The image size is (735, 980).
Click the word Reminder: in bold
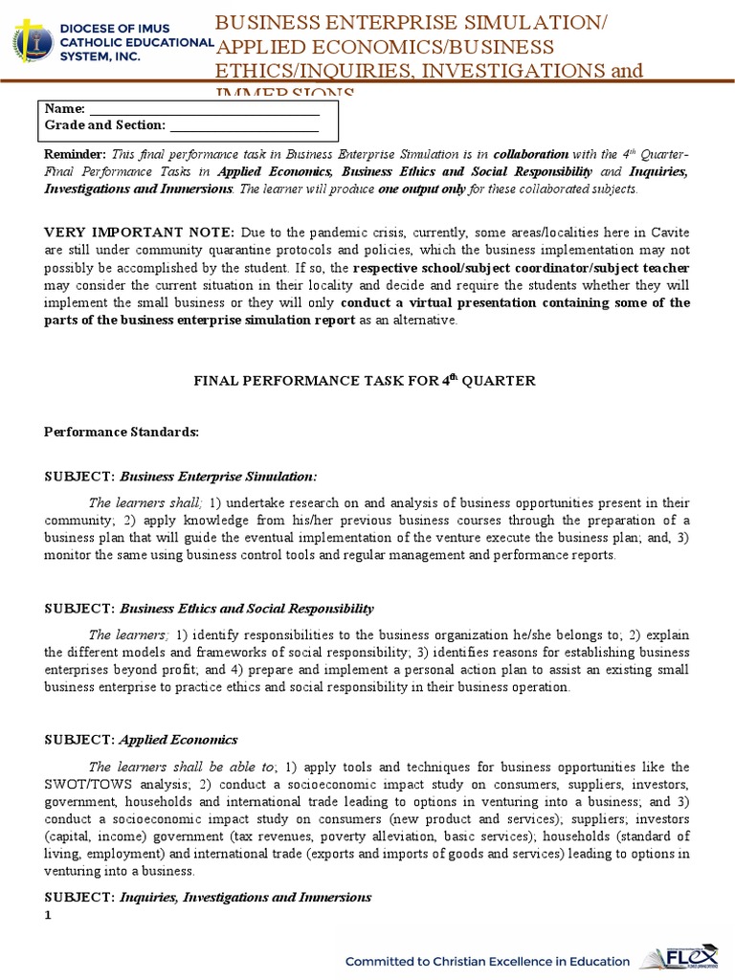76,154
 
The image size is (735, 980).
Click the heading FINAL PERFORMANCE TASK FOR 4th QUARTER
367,381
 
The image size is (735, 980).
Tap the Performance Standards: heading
122,432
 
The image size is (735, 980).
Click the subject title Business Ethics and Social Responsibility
246,609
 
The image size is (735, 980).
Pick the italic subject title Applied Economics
178,740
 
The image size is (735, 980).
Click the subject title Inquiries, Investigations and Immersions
245,897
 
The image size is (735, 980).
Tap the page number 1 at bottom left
49,915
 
